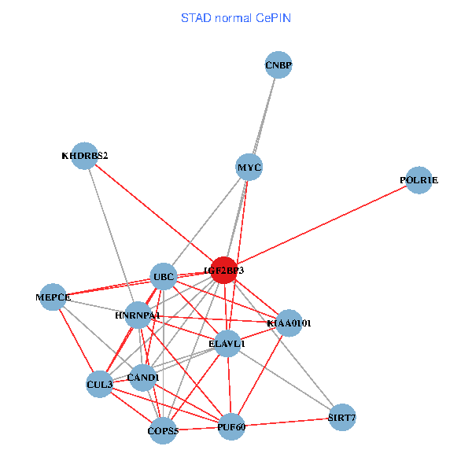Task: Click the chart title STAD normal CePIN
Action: (236, 17)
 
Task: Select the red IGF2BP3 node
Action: (224, 270)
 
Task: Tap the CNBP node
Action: (278, 65)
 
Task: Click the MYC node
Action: (249, 168)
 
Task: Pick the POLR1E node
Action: (419, 180)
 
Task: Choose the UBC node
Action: (164, 276)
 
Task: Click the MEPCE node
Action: (53, 297)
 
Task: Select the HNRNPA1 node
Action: (138, 315)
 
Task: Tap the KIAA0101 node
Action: (289, 323)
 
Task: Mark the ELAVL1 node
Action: (227, 343)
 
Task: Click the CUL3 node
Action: (99, 384)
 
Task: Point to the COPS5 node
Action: (164, 430)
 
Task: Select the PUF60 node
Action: (231, 426)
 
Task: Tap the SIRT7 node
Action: (341, 418)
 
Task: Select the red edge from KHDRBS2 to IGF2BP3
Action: (154, 212)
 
